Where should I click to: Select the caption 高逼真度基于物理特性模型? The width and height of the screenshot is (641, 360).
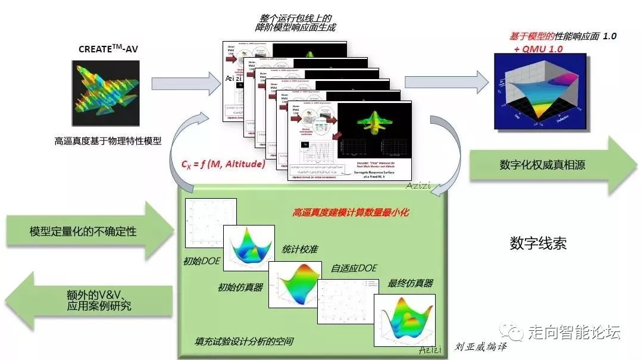pos(108,141)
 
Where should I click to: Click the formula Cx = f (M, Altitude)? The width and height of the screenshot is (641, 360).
pos(223,163)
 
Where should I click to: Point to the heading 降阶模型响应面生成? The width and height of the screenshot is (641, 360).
pos(292,27)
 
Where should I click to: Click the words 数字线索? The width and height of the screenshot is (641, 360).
pos(538,243)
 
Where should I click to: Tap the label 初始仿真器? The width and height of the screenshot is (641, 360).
pos(240,287)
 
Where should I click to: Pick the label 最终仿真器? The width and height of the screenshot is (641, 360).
pos(410,283)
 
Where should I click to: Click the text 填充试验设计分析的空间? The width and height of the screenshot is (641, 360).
pos(244,342)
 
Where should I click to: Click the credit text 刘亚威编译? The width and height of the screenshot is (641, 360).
pos(480,347)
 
